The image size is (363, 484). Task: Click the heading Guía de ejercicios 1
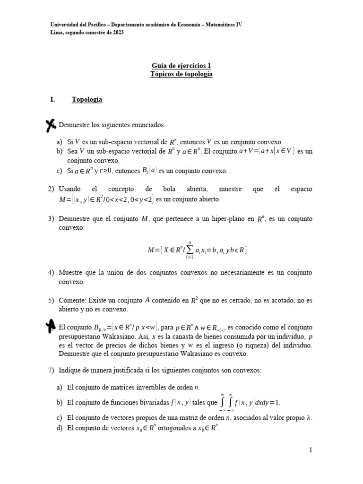click(181, 66)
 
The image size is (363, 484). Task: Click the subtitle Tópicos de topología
click(181, 75)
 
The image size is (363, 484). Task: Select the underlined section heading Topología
click(87, 100)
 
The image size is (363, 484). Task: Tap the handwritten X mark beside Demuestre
click(49, 125)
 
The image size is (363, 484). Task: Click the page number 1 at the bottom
click(311, 450)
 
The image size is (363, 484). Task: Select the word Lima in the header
click(57, 32)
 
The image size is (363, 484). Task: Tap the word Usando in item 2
click(70, 189)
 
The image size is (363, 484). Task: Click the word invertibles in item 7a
click(157, 387)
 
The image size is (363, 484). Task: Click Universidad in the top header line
click(67, 24)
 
